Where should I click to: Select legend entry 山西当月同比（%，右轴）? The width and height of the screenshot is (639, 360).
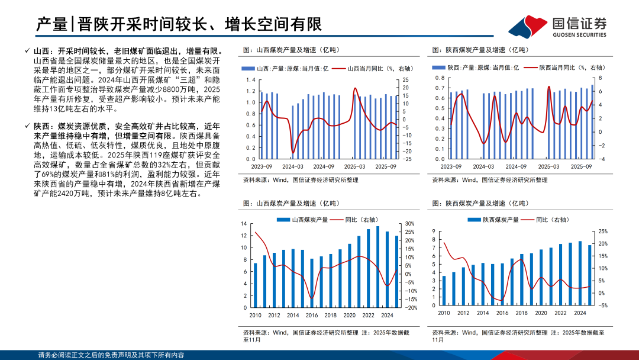coord(373,68)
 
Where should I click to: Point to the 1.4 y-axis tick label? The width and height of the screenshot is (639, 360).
coord(251,80)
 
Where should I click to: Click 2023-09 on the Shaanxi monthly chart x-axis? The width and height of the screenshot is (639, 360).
coord(451,167)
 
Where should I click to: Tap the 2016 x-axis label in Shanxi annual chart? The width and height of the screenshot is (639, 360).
coord(312,315)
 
